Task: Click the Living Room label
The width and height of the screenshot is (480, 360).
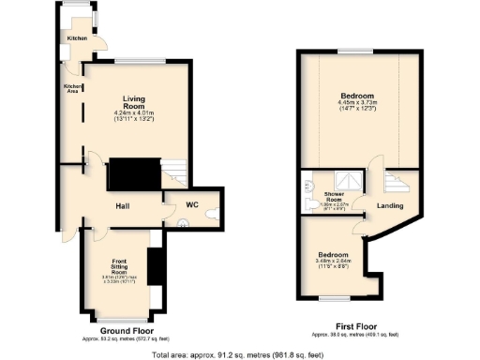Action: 138,102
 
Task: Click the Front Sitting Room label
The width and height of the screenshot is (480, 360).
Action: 119,267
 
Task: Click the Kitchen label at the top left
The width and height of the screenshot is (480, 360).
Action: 77,38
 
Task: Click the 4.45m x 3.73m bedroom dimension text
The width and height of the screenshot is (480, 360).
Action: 357,106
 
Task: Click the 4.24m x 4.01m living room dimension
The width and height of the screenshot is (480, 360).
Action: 138,116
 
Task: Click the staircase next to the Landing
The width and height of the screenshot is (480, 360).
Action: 400,178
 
